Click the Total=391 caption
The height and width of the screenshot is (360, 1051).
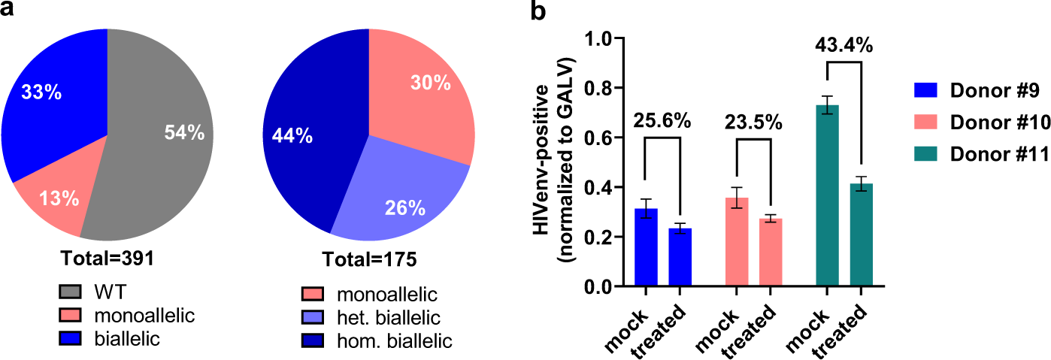coord(108,259)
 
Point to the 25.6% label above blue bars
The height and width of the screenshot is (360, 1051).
coord(661,120)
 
